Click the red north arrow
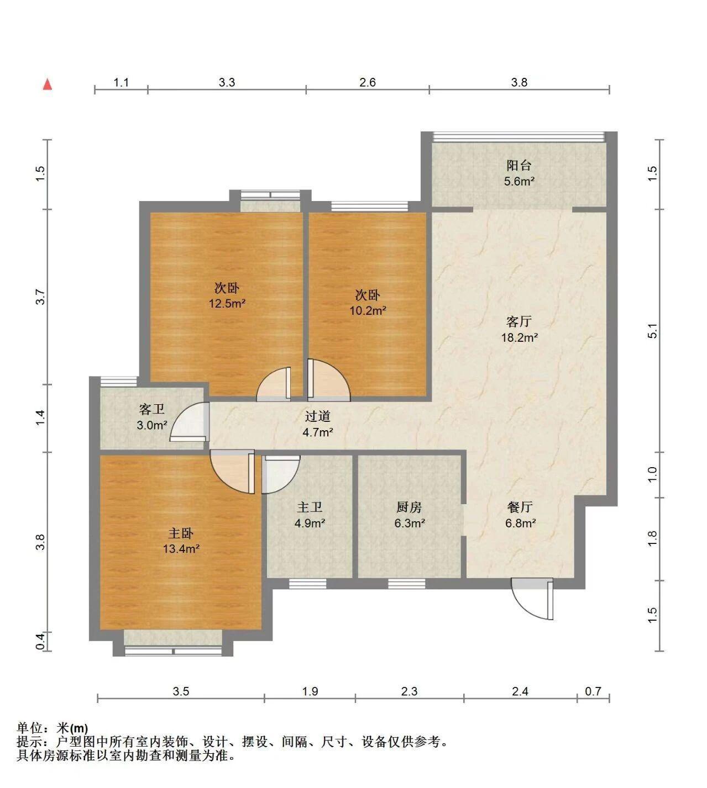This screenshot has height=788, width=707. [48, 84]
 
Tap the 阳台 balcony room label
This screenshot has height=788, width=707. [519, 166]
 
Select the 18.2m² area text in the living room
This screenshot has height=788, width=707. [520, 337]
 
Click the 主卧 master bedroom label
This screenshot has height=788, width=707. [181, 533]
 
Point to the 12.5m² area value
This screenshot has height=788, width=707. [227, 303]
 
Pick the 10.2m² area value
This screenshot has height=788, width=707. [368, 311]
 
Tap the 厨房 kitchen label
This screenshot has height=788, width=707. [409, 507]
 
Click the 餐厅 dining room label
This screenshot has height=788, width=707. [520, 507]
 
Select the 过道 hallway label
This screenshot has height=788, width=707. [318, 416]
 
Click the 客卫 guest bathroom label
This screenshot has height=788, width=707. [152, 409]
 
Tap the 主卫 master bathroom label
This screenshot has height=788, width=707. [310, 507]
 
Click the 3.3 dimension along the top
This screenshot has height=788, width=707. [227, 82]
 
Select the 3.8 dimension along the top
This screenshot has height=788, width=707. [520, 82]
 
